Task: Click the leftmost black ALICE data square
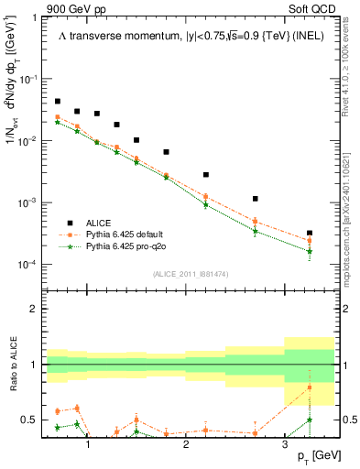pos(58,102)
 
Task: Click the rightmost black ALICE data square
pos(310,234)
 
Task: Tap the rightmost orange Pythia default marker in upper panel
pos(310,241)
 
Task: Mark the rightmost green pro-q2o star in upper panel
pos(310,251)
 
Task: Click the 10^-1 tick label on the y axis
pos(29,80)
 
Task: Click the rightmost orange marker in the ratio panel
pos(310,387)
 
